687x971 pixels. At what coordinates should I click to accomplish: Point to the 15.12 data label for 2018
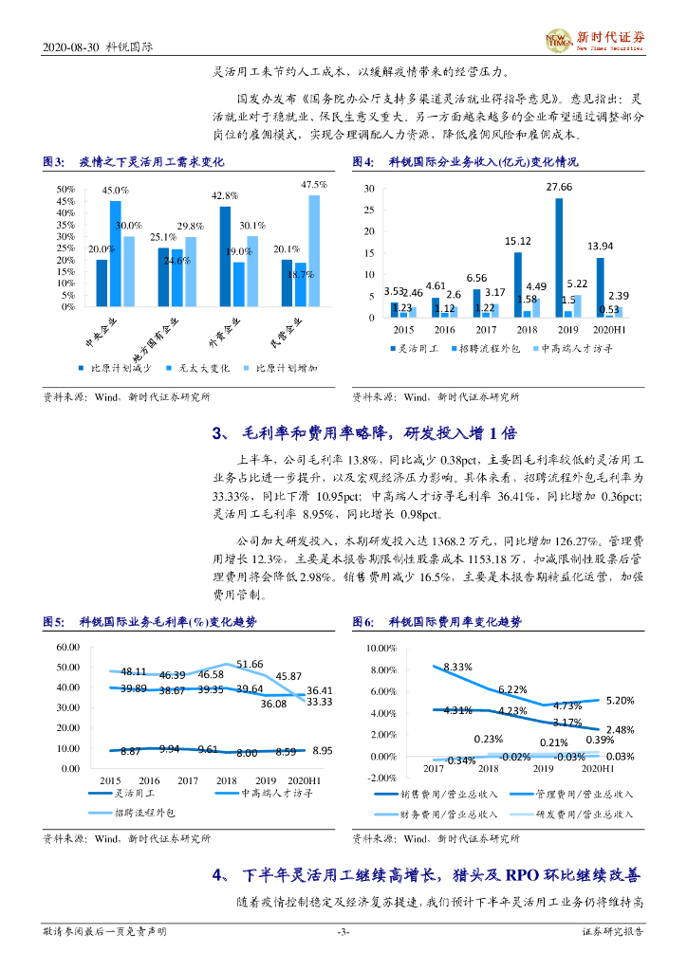(x=517, y=241)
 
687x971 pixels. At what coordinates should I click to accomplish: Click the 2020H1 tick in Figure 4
(x=602, y=330)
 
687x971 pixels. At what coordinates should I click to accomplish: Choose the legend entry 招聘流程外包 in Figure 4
(x=485, y=349)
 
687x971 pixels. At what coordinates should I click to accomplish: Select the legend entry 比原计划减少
(x=115, y=366)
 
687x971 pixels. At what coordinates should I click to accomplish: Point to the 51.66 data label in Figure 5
(x=251, y=665)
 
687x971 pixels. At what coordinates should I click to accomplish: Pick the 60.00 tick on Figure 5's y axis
(x=67, y=647)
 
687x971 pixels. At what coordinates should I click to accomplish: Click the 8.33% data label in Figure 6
(x=457, y=668)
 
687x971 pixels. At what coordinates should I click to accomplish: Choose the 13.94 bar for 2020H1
(x=600, y=287)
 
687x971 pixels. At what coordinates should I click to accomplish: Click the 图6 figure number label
(x=362, y=623)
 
